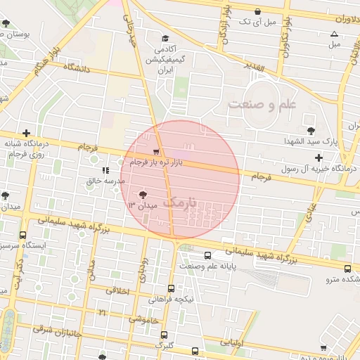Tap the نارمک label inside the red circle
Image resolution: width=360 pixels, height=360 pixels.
pos(176,200)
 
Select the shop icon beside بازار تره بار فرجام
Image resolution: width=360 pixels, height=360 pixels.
pos(156,152)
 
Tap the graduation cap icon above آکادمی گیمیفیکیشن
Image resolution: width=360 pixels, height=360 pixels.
pos(165,38)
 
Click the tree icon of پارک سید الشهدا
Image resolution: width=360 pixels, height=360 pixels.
pos(311,131)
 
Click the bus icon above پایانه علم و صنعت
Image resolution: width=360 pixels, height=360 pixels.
pos(208,256)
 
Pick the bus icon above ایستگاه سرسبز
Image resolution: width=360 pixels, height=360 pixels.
pos(22,236)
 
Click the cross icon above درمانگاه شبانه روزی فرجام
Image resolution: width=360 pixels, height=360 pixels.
pos(27,132)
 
